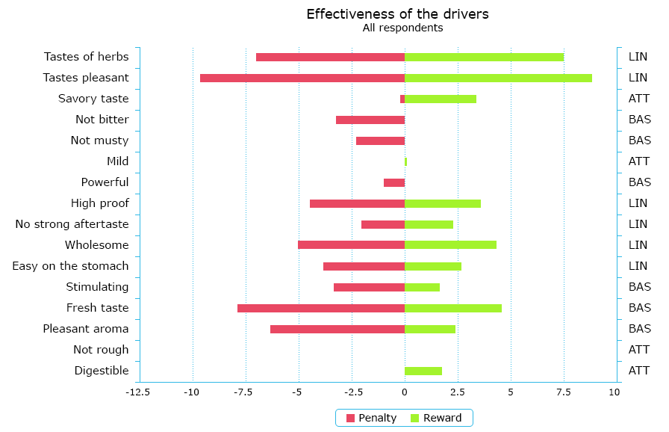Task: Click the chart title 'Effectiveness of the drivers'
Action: (x=397, y=14)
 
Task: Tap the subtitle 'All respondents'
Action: (x=402, y=28)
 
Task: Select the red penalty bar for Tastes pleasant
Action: (x=302, y=78)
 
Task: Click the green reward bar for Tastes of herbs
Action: (x=484, y=57)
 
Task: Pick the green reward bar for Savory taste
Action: (x=441, y=99)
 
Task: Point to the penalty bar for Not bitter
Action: (x=370, y=120)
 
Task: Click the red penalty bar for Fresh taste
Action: (x=321, y=308)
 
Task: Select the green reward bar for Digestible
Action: (x=423, y=371)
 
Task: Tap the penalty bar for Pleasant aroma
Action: (x=337, y=329)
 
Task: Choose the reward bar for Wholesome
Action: (x=450, y=245)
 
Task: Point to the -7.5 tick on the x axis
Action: (x=246, y=391)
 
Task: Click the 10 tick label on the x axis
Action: (x=617, y=391)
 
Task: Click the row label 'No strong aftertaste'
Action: (x=72, y=224)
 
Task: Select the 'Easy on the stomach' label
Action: (x=70, y=266)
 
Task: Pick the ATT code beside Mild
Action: (x=639, y=161)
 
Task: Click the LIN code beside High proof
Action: (x=638, y=203)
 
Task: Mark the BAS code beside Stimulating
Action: (x=640, y=287)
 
